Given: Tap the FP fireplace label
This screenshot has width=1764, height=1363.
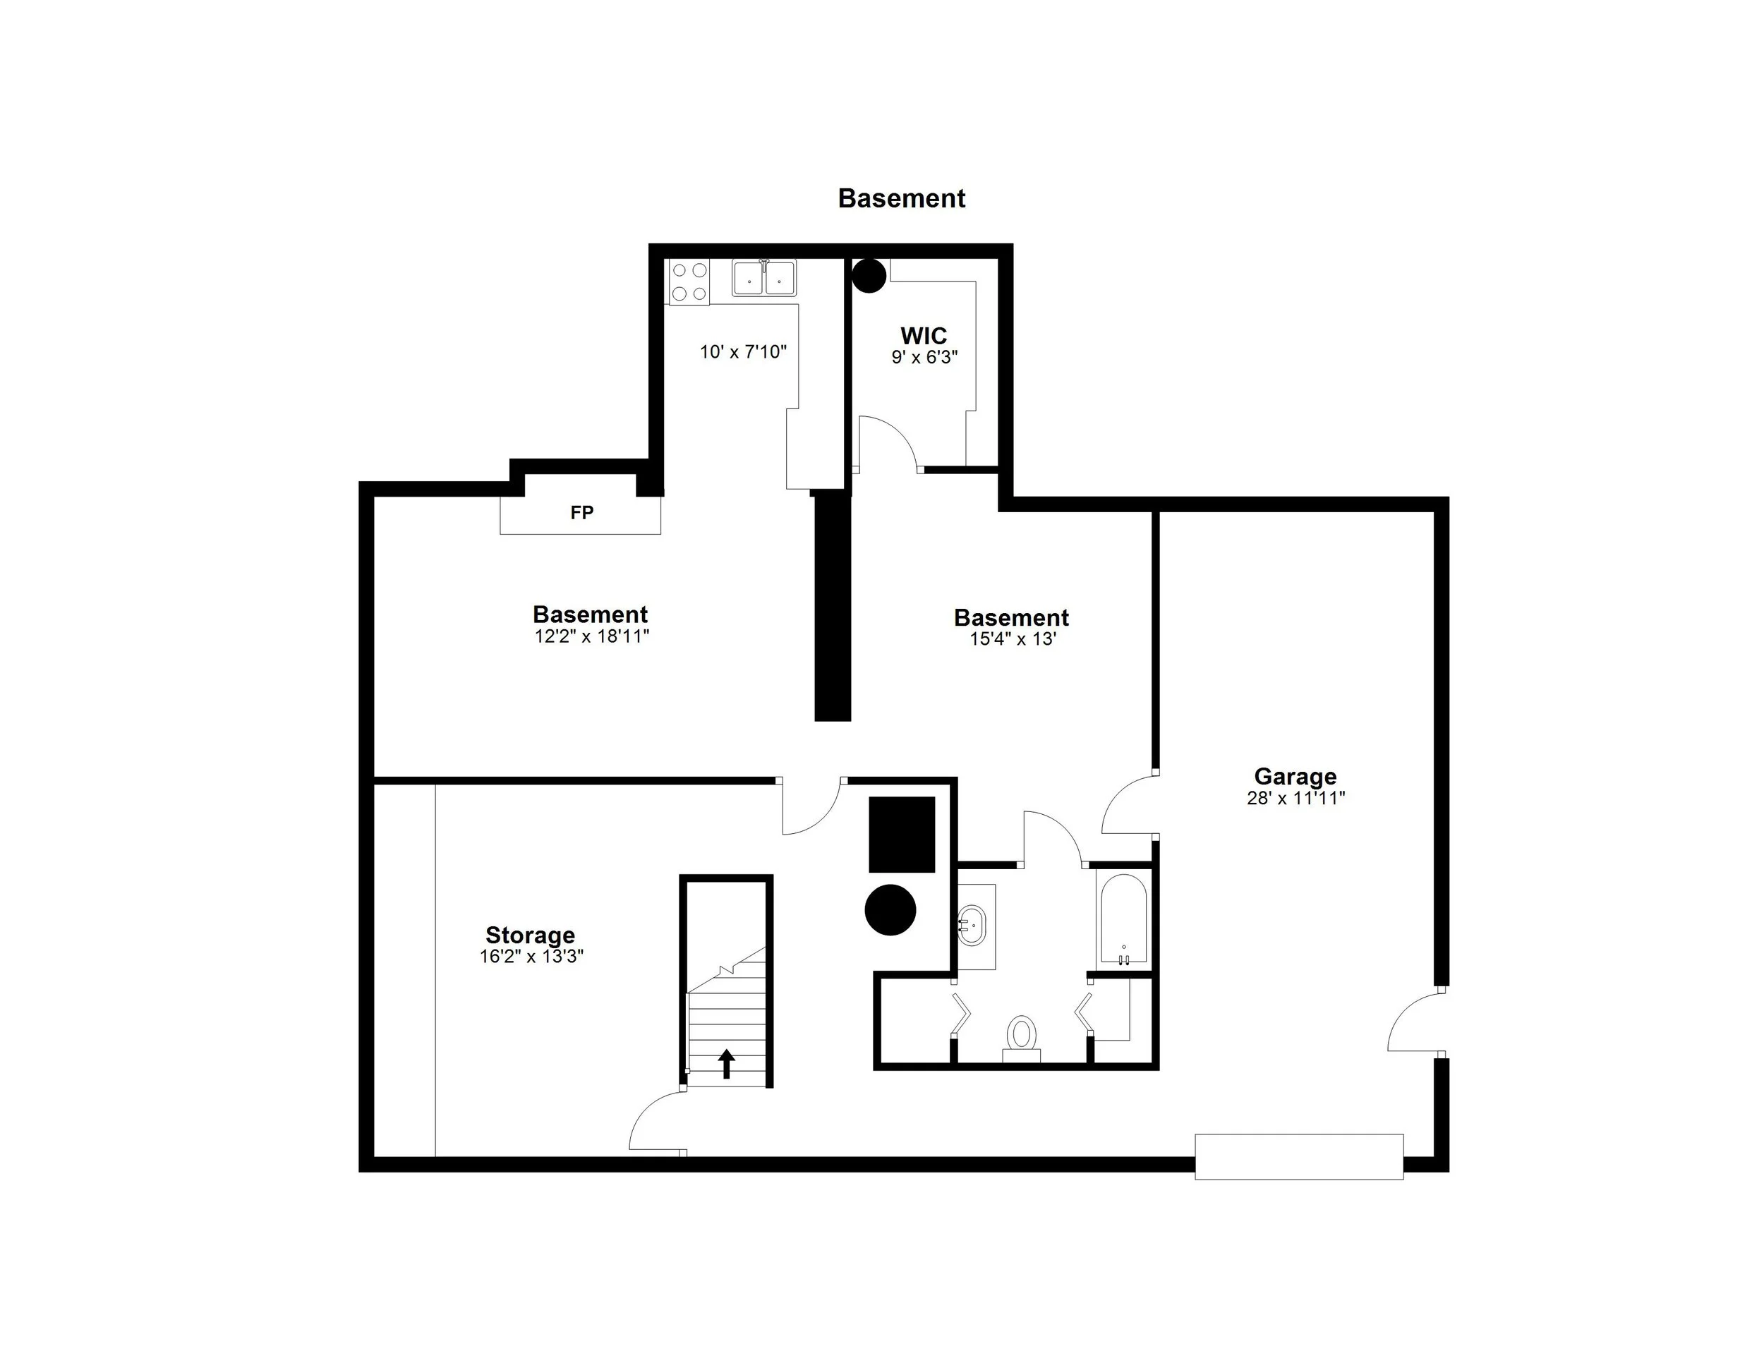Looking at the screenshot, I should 581,513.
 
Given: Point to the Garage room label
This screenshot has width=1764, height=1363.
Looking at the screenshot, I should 1295,776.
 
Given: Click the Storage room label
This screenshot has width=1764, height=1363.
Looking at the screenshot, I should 530,935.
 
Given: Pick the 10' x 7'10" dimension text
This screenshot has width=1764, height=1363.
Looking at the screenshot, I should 743,352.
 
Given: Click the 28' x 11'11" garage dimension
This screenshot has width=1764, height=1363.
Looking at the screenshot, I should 1295,799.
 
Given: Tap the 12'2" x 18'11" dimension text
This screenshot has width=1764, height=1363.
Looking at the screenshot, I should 591,636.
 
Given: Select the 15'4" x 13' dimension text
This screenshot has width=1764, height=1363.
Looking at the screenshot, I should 1013,639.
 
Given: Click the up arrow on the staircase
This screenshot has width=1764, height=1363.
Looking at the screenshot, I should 726,1062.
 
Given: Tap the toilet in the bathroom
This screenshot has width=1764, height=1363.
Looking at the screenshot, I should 1022,1036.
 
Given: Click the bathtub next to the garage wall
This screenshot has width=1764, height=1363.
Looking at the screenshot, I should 1123,920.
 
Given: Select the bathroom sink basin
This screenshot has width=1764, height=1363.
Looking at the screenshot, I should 972,926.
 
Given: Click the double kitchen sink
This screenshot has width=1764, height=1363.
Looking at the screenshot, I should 764,279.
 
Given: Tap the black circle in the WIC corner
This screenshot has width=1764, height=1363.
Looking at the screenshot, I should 869,275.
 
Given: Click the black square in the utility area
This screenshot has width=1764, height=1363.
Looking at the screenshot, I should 901,834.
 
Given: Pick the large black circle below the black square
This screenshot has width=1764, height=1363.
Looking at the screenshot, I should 890,910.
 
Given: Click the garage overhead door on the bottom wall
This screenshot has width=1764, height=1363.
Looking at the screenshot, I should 1299,1156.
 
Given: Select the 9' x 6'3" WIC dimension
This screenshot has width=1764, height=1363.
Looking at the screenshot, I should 924,357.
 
